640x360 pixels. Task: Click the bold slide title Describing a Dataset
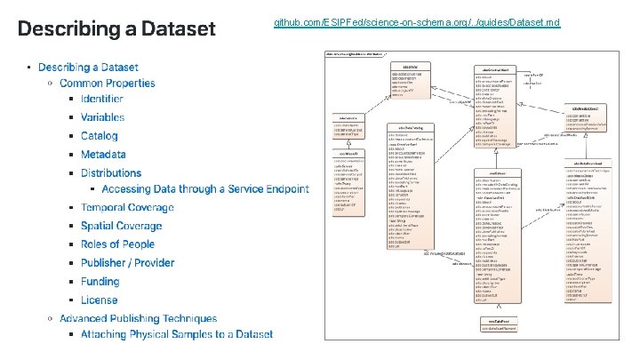click(x=116, y=29)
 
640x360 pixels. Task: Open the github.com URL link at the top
click(x=417, y=20)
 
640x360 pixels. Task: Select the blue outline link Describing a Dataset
click(x=88, y=67)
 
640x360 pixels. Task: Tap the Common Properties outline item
click(x=107, y=84)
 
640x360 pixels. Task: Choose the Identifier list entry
click(x=101, y=99)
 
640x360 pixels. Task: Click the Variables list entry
click(x=102, y=117)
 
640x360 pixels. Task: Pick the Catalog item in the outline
click(x=99, y=136)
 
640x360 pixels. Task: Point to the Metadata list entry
click(x=103, y=155)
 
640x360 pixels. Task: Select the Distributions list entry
click(x=111, y=173)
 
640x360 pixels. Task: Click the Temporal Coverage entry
click(x=127, y=207)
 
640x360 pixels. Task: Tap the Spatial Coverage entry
click(x=121, y=226)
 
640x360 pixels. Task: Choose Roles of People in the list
click(x=117, y=244)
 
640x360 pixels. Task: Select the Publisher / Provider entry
click(x=127, y=263)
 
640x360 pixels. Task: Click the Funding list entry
click(x=100, y=282)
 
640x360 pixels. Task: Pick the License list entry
click(x=99, y=300)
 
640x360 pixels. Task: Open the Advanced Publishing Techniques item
click(x=138, y=318)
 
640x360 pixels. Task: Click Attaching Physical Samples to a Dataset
click(x=177, y=334)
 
